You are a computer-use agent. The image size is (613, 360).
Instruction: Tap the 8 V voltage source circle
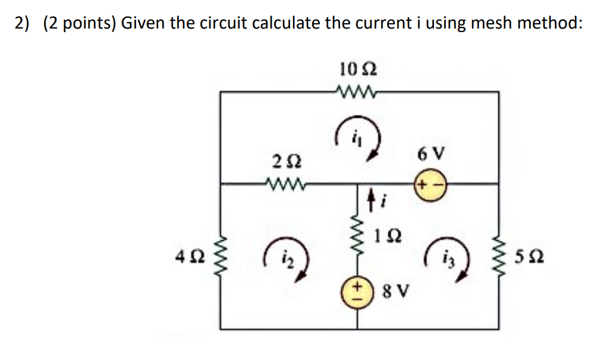tap(358, 293)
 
